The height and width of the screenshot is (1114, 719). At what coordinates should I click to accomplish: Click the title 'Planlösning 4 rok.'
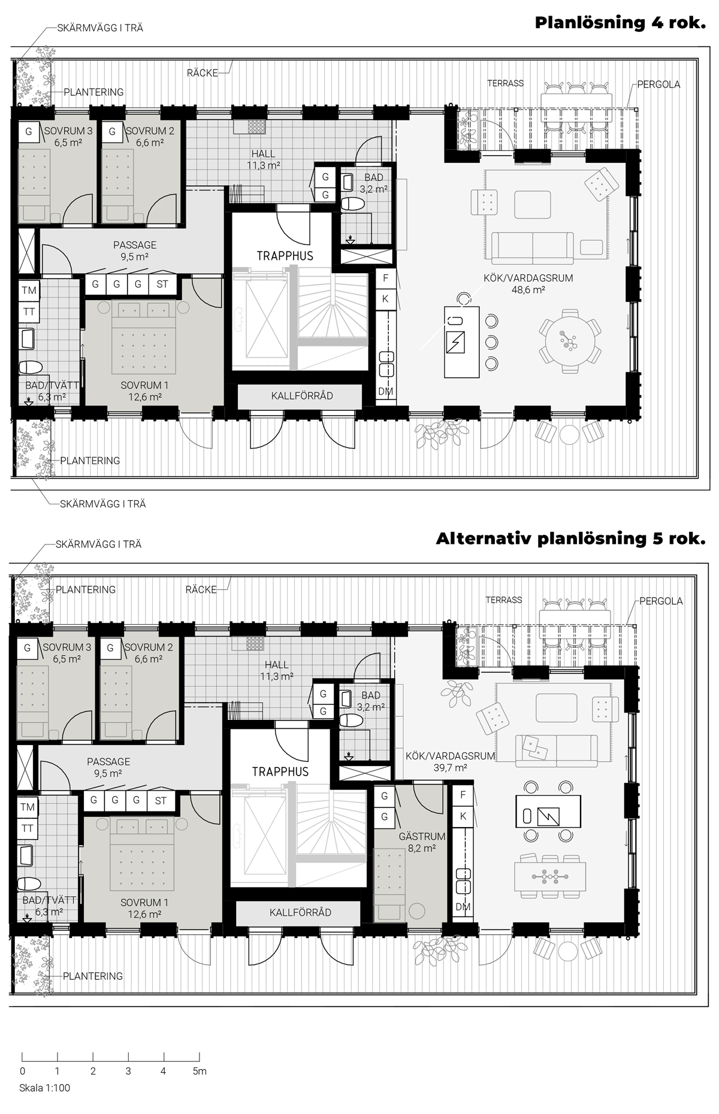click(x=620, y=23)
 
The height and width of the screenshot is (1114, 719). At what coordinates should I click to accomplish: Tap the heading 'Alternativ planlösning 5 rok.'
click(x=570, y=538)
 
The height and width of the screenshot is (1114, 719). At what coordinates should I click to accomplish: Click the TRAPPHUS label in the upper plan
click(x=285, y=256)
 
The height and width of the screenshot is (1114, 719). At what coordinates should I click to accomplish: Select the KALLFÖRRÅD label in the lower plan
click(x=300, y=913)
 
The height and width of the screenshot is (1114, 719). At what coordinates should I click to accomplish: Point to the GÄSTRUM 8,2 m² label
click(x=422, y=842)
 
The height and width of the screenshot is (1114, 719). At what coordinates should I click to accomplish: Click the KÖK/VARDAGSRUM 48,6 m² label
click(x=528, y=284)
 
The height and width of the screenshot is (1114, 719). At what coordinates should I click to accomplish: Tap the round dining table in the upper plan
click(x=569, y=341)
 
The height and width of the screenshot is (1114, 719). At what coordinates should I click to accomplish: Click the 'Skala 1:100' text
click(x=44, y=1088)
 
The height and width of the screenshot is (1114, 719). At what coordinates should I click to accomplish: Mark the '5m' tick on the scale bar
click(x=200, y=1071)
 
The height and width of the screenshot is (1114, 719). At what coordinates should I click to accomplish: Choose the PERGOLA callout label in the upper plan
click(x=658, y=84)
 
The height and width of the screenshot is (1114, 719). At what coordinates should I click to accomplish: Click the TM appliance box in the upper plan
click(x=29, y=290)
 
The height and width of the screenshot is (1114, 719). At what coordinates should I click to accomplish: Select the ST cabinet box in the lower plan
click(x=161, y=800)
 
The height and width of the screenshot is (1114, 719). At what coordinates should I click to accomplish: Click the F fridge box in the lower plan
click(x=463, y=795)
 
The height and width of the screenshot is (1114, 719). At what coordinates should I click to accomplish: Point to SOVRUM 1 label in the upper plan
click(x=141, y=391)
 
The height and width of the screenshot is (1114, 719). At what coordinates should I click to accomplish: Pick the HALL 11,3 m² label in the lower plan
click(x=276, y=671)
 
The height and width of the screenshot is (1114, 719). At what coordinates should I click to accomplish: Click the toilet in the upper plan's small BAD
click(x=352, y=204)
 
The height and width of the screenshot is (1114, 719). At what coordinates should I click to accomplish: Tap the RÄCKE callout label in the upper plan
click(x=202, y=73)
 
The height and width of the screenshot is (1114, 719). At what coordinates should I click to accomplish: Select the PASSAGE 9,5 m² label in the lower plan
click(x=108, y=767)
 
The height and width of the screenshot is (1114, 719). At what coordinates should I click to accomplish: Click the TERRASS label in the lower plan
click(x=504, y=600)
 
